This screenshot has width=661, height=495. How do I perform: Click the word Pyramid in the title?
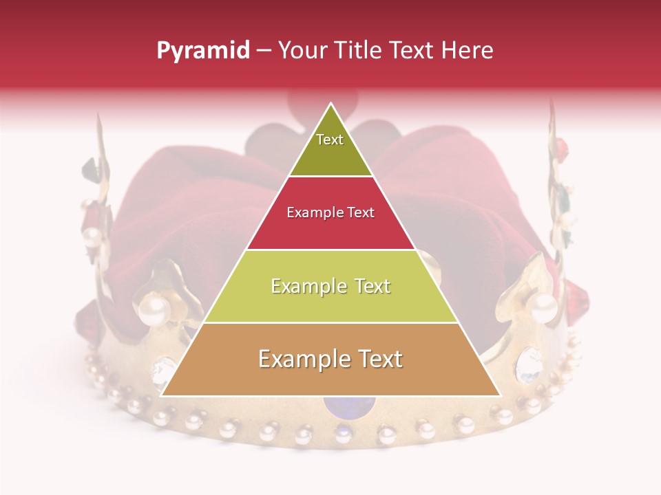(x=202, y=50)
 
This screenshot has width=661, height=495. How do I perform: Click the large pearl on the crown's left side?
(x=154, y=311)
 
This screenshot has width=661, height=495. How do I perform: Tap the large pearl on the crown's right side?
(x=543, y=307)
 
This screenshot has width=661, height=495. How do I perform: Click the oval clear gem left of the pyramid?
(x=164, y=371)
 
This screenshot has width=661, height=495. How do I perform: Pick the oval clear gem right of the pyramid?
(x=528, y=364)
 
